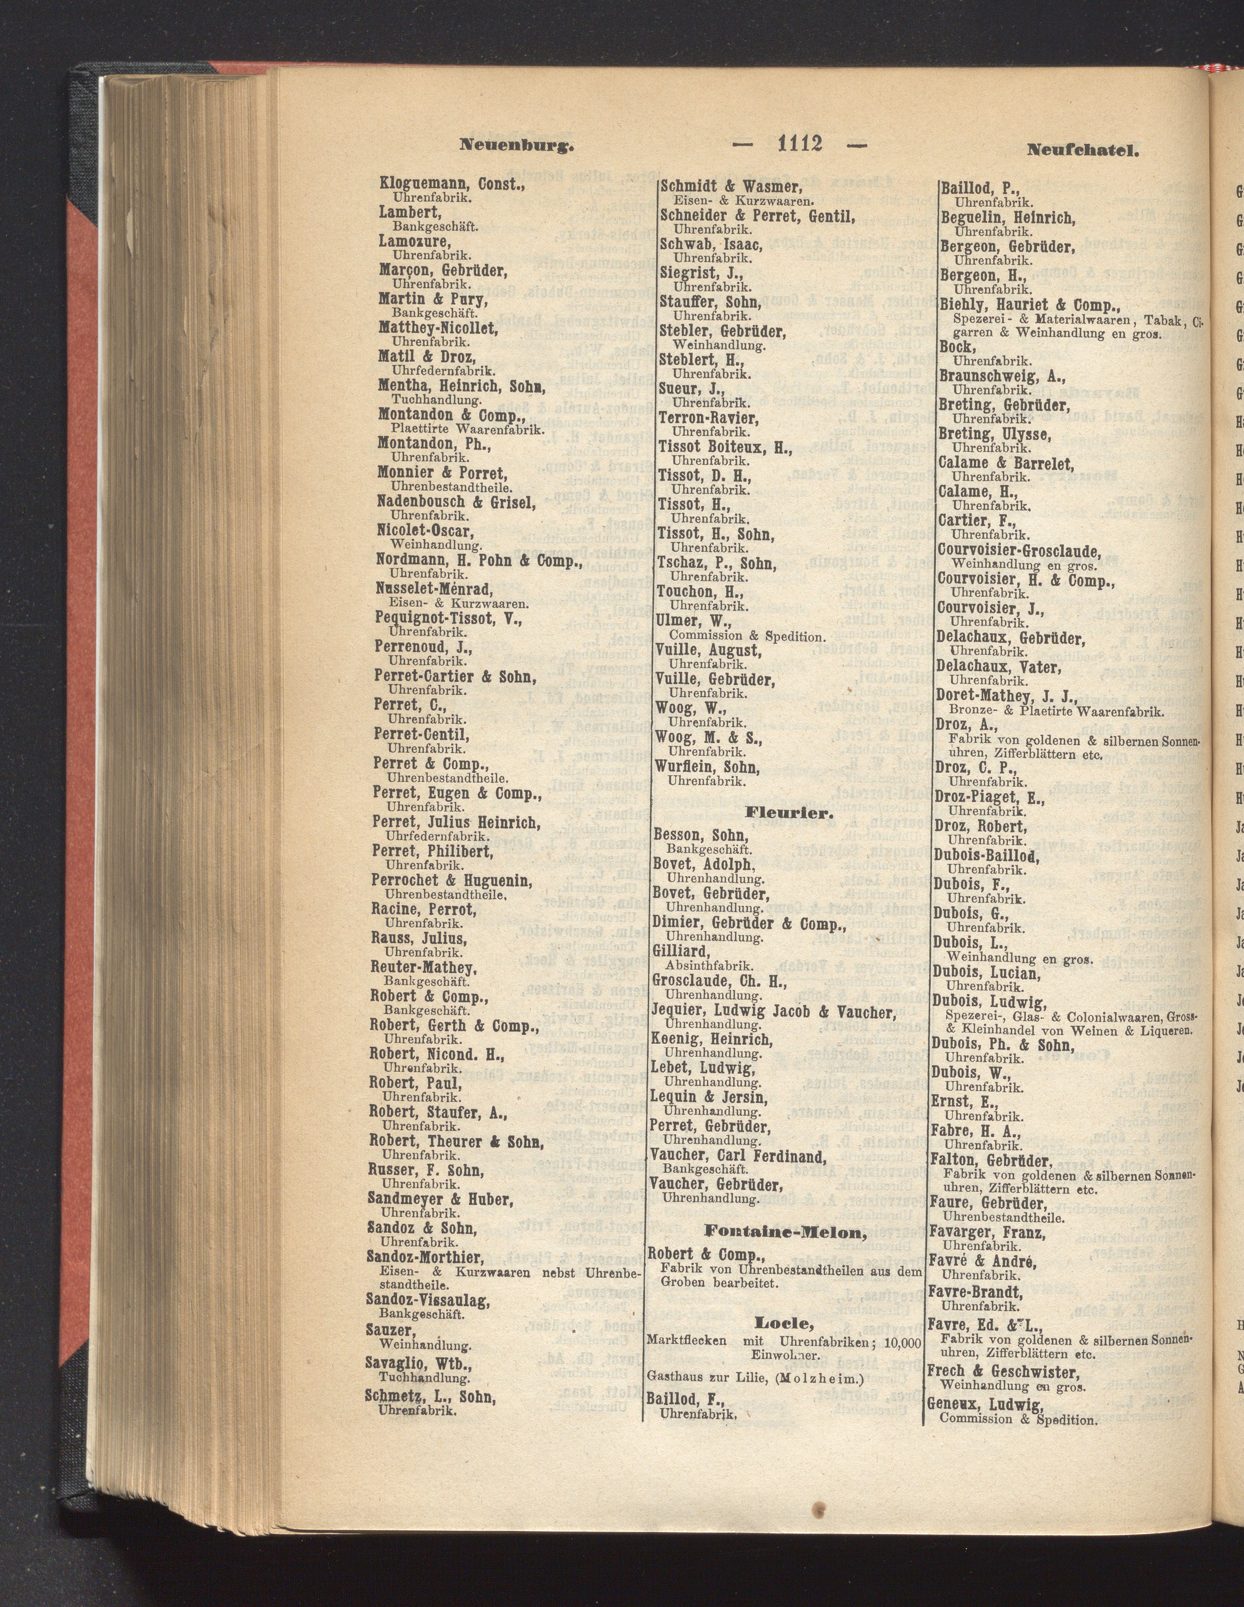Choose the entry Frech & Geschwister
click(1003, 1371)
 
